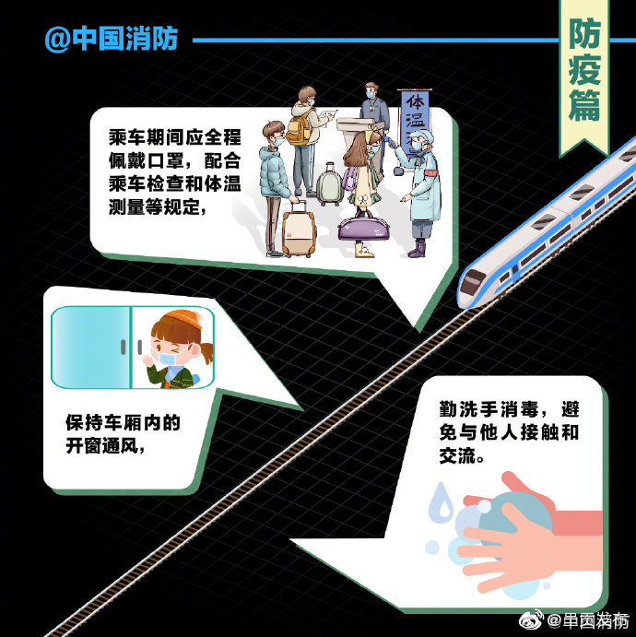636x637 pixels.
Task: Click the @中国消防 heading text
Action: [x=111, y=40]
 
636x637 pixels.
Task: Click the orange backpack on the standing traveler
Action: [x=298, y=130]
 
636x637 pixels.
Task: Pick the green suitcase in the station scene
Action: [x=329, y=183]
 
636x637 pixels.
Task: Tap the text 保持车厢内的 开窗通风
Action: [x=122, y=434]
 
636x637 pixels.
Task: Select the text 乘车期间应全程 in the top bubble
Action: [x=172, y=136]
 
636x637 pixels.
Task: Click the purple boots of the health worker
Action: [x=417, y=248]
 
